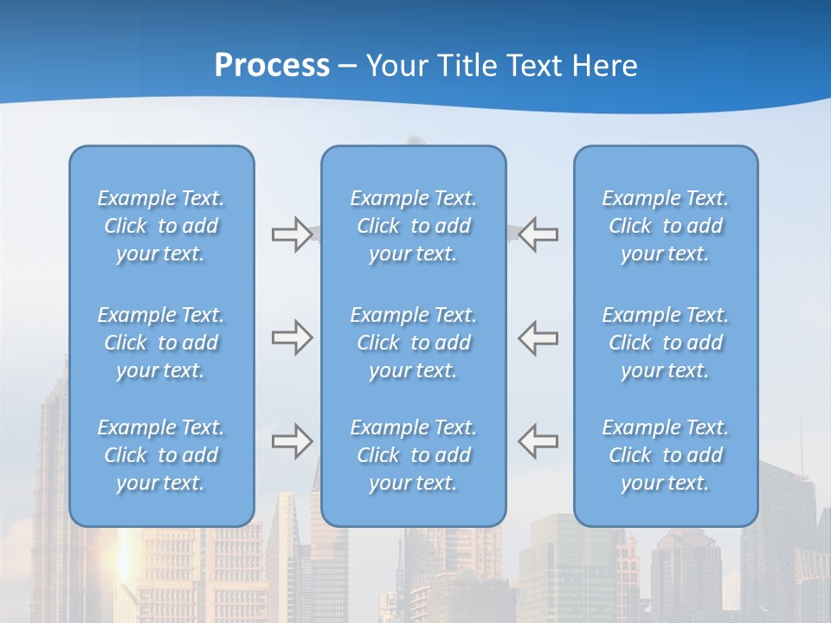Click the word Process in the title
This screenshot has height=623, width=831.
(x=272, y=66)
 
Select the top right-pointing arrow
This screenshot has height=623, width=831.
(x=293, y=234)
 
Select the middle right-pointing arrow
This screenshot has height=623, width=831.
(x=293, y=337)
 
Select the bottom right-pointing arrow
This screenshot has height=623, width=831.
(x=293, y=440)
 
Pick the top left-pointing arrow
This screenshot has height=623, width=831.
(x=538, y=234)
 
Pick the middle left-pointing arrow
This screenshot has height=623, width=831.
(x=538, y=337)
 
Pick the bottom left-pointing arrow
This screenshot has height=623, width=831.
(x=538, y=440)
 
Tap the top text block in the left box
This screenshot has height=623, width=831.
(x=161, y=226)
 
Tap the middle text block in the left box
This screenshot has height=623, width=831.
(x=161, y=343)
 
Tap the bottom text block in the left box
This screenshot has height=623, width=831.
(x=161, y=455)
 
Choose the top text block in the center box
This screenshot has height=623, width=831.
(x=414, y=226)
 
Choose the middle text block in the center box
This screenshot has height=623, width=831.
(x=414, y=343)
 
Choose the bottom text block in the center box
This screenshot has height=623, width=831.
(x=414, y=455)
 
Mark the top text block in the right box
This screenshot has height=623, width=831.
(x=666, y=226)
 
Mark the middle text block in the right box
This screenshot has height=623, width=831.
(x=666, y=343)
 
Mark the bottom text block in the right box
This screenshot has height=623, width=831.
(x=666, y=455)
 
